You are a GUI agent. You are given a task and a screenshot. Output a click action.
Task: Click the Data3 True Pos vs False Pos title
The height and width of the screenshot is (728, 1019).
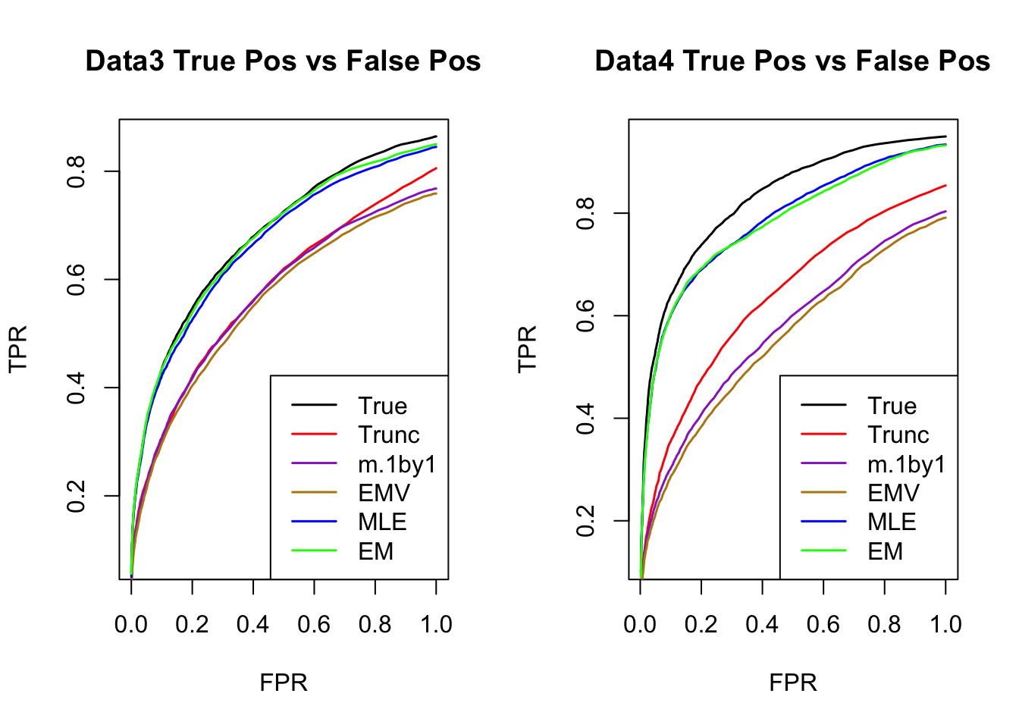283,61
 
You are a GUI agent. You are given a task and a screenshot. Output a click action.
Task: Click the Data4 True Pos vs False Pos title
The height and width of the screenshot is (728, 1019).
792,61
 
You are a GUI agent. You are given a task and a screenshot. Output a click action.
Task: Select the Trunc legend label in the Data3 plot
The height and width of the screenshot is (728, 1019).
388,435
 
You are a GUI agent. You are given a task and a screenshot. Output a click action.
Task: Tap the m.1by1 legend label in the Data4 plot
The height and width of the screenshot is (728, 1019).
907,464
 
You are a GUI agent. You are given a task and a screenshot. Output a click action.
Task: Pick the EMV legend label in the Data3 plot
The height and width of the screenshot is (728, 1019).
384,494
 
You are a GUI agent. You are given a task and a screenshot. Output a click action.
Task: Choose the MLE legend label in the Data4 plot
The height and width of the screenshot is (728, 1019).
892,522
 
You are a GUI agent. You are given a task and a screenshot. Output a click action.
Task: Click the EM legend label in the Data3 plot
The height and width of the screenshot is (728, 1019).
375,551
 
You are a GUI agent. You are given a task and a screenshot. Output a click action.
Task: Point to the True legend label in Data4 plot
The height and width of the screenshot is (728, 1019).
892,406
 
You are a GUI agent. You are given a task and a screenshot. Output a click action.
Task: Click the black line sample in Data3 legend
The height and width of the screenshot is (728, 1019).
314,406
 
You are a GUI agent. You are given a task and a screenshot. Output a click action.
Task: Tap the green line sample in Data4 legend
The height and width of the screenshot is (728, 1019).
823,551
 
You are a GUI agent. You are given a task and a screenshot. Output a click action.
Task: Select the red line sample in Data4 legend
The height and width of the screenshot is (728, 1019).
823,435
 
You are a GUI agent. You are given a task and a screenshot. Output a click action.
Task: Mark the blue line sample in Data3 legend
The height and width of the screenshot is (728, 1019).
314,522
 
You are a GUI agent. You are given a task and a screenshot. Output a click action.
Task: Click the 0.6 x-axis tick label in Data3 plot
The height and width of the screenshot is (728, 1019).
314,625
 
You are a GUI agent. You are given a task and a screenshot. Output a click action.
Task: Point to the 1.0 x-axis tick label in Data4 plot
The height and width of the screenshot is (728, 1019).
945,625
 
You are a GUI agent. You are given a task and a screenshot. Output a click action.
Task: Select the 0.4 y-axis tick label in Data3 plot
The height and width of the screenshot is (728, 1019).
76,388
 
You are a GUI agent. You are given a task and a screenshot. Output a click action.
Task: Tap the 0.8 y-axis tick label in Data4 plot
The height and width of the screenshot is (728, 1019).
585,213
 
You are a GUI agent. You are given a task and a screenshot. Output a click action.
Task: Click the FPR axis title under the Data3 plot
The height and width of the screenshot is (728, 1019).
284,682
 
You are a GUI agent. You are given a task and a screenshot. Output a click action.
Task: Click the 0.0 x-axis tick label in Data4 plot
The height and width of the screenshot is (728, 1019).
641,625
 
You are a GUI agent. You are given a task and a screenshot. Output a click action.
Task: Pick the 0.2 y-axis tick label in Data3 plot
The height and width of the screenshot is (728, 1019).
76,496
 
